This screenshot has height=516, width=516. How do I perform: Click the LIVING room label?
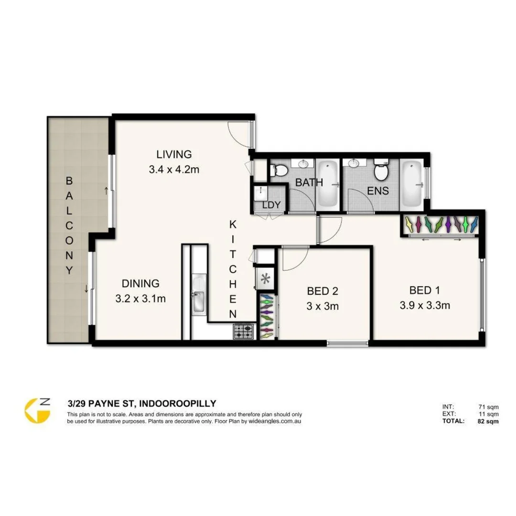coord(174,154)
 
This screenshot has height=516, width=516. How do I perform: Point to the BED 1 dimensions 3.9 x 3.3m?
coord(425,305)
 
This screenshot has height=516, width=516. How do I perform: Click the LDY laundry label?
coord(271,205)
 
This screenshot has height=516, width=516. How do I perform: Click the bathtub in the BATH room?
coord(327,184)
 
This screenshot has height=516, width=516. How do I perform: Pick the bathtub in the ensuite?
coord(411,184)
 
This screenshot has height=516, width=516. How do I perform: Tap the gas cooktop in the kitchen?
coord(243,331)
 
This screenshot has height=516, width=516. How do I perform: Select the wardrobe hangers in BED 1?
coord(441,224)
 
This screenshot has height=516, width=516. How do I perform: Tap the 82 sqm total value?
coord(489,421)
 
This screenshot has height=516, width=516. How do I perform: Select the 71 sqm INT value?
coord(489,407)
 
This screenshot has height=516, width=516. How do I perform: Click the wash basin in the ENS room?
coord(354,164)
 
